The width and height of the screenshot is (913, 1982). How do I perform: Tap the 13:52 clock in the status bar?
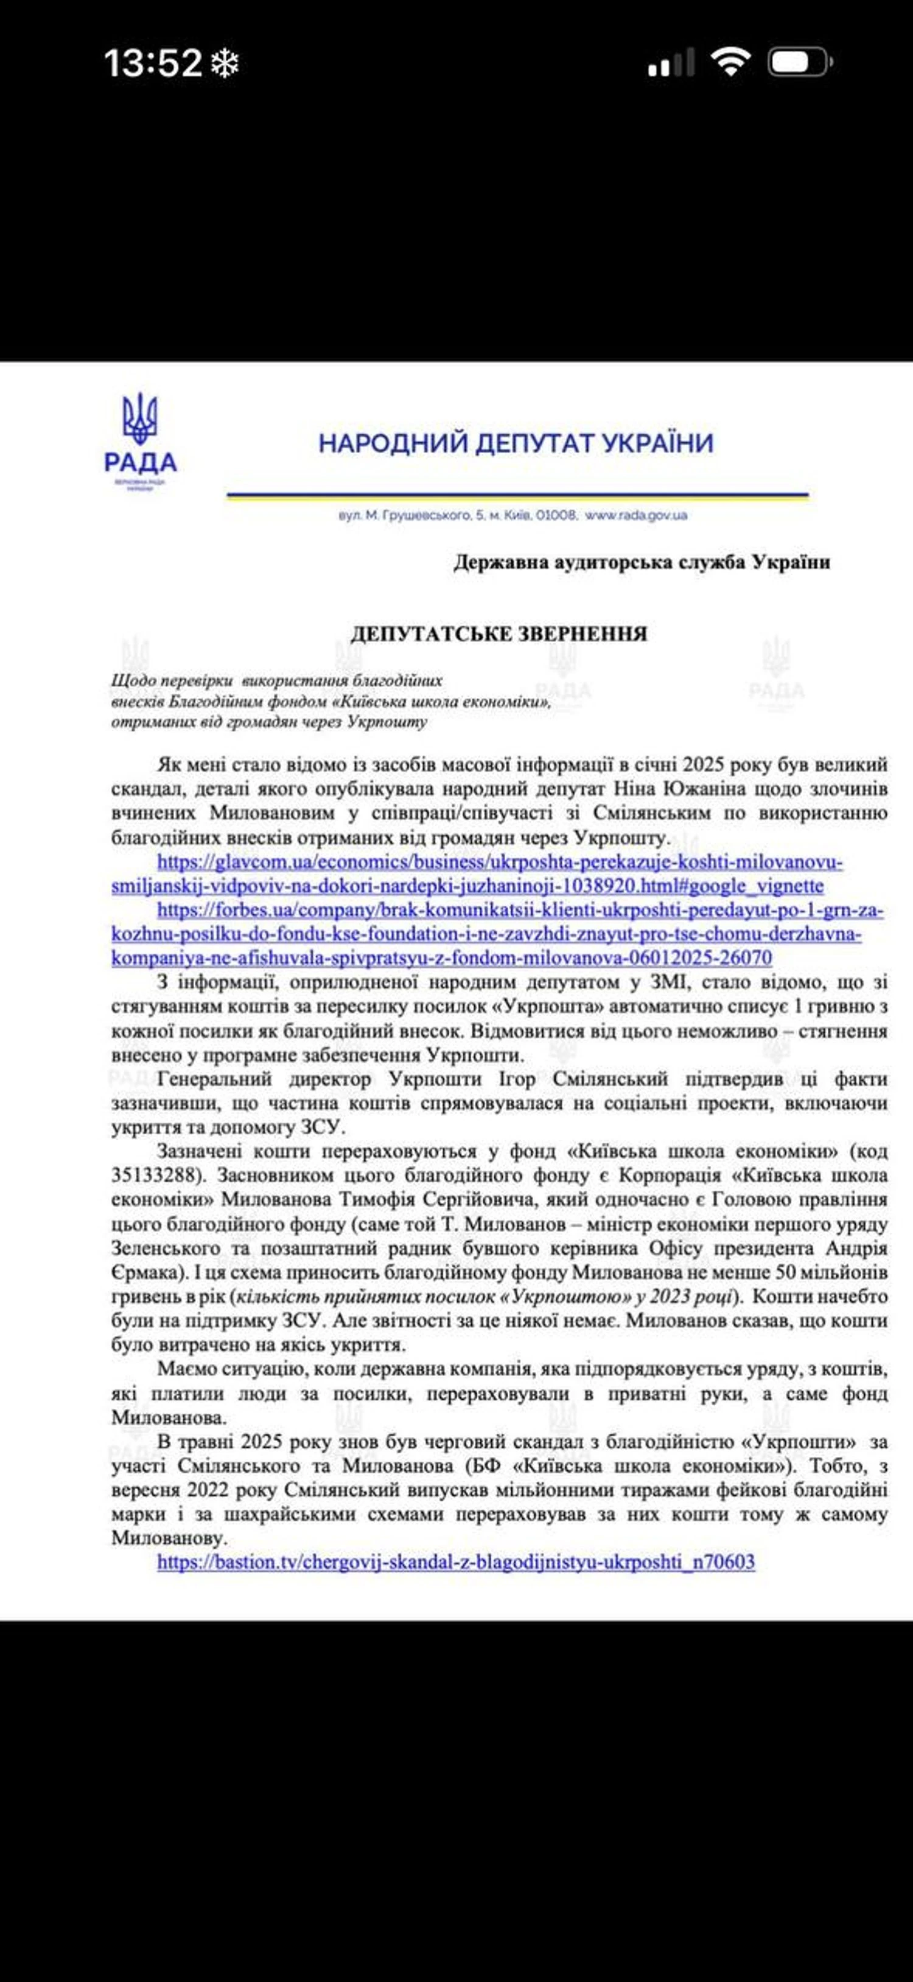click(x=152, y=63)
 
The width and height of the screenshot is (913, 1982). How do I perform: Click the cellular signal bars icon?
click(x=671, y=63)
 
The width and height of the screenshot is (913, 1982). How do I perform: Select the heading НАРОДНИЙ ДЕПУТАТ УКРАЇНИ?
click(x=516, y=444)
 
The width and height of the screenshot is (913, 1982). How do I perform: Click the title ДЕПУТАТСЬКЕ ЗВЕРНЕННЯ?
click(x=498, y=634)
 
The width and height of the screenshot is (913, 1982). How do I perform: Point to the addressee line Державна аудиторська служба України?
click(x=642, y=562)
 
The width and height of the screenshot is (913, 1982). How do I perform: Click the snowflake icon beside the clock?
click(x=225, y=64)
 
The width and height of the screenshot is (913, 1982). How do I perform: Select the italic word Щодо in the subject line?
click(x=132, y=681)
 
